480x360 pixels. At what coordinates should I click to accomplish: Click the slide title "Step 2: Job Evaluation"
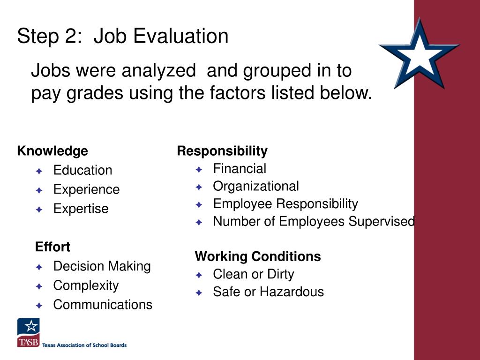pos(123,36)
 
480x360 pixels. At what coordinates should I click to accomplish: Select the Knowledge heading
pos(52,151)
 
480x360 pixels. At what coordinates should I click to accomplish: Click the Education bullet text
pos(82,170)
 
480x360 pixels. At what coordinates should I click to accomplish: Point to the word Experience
pos(86,189)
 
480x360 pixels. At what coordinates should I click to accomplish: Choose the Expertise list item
pos(81,209)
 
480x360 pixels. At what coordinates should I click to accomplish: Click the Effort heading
pos(52,247)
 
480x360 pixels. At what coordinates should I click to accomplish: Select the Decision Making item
pos(102,266)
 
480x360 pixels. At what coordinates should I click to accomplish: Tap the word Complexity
pos(86,285)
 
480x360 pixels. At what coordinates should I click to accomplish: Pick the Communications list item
pos(103,305)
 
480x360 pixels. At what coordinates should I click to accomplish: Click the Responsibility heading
pos(222,151)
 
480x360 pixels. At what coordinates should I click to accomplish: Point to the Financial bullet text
pos(239,169)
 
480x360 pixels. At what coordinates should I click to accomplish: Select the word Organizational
pos(255,186)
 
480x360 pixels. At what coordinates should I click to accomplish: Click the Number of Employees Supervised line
pos(314,221)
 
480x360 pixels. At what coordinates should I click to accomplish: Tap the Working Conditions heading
pos(258,256)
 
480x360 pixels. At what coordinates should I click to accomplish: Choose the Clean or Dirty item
pos(253,274)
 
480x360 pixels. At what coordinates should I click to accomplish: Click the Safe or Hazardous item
pos(268,292)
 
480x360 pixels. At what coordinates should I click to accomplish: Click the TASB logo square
pos(29,332)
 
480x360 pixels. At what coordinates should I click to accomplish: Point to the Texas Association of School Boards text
pos(84,345)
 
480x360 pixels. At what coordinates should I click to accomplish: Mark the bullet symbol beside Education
pos(39,171)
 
